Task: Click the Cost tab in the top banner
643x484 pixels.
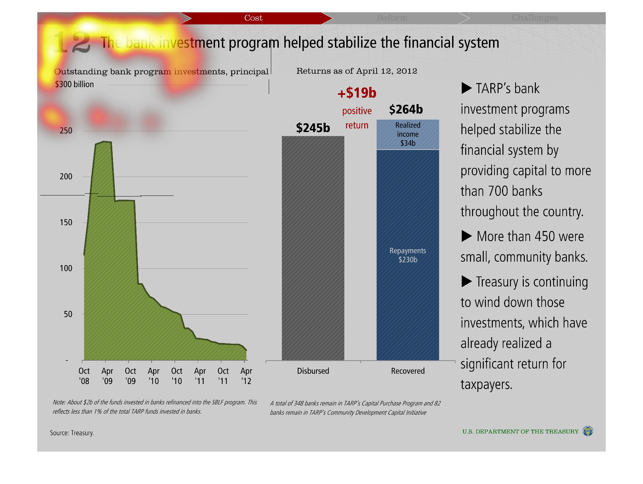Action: pos(253,18)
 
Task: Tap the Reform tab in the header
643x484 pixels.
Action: pos(392,18)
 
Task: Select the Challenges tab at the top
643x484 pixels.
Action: pos(535,18)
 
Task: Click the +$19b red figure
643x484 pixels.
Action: pos(357,93)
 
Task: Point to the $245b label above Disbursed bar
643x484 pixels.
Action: pos(313,128)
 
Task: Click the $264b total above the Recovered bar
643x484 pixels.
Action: pos(406,110)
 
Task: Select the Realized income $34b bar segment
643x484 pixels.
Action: pos(408,134)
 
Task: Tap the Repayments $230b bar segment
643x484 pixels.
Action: pos(408,255)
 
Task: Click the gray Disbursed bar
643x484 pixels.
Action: pos(313,248)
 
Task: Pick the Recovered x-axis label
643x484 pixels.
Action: pos(408,371)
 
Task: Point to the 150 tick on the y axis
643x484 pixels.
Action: pos(66,222)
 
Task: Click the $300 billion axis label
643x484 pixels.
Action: pos(74,84)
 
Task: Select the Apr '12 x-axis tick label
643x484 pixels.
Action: pos(246,376)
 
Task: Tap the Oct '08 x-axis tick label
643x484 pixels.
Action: pos(84,376)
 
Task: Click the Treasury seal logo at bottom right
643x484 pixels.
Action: pos(588,431)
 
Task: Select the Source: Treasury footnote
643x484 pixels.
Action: pos(72,433)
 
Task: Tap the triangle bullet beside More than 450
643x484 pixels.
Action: pos(467,236)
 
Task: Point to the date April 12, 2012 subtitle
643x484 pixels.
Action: pos(386,71)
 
